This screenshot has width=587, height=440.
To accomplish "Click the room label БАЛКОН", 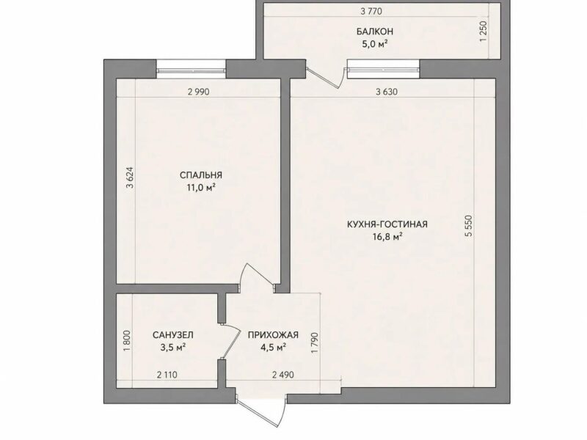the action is point(374,32).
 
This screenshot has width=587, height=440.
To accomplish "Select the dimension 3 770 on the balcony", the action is point(371,12).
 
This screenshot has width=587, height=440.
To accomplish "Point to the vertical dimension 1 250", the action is point(484,32).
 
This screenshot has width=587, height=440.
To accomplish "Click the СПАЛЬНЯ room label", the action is point(201,175).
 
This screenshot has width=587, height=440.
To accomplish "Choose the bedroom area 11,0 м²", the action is point(201,188).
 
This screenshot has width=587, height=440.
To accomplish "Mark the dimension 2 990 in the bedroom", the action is point(198,92).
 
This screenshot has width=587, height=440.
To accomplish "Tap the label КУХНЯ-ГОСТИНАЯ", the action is point(387,224).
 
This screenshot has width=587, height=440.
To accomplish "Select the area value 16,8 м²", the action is point(387,237).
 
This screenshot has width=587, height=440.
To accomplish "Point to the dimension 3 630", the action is point(387,92).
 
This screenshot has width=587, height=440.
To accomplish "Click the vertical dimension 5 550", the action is point(469,226).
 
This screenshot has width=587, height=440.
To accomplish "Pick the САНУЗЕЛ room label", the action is point(173,335).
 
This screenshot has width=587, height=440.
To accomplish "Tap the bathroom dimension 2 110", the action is point(167,375).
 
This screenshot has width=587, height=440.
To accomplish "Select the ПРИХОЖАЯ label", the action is point(273,335).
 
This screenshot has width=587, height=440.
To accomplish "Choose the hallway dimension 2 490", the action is point(283,375).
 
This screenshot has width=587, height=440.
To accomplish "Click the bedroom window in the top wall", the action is point(192,70).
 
